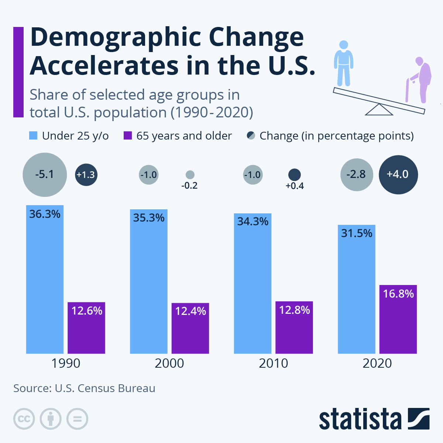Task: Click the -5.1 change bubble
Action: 45,174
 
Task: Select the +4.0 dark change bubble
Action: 398,174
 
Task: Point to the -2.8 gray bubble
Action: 357,174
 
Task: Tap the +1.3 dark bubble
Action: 86,174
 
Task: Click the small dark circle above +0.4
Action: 294,175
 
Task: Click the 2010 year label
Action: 273,363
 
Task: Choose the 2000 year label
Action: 169,363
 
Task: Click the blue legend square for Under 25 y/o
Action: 33,136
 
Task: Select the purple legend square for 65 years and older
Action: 127,136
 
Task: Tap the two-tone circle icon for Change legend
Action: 251,136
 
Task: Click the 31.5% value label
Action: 357,233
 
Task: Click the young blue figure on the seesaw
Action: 343,63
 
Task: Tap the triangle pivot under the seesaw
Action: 379,110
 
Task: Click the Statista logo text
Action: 360,419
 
